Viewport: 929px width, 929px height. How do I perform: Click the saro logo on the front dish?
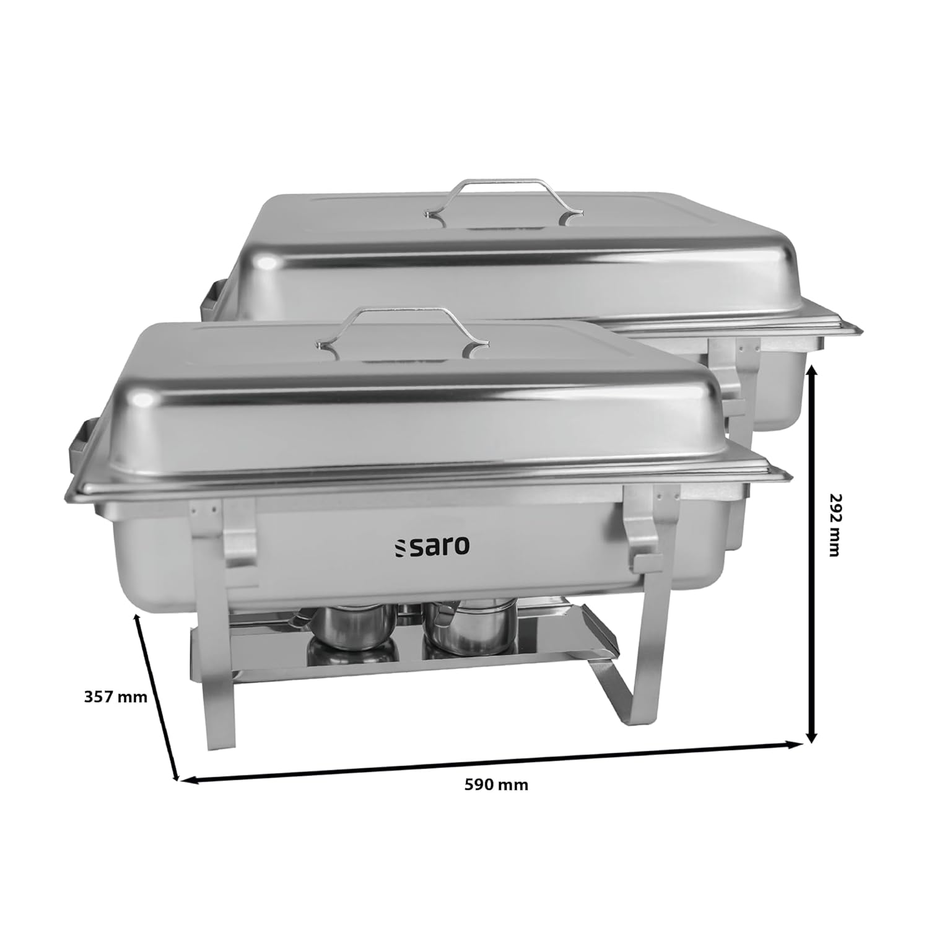[x=432, y=546]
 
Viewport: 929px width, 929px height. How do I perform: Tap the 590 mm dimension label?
[x=496, y=785]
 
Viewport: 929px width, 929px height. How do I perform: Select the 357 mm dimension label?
[x=116, y=697]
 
